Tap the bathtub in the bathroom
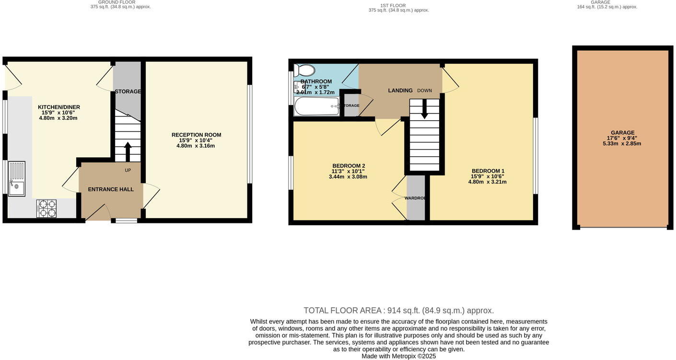tap(316, 106)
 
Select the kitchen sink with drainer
tap(17, 179)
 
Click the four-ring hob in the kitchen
tap(46, 209)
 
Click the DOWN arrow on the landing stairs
tap(424, 110)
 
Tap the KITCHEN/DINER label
tap(59, 107)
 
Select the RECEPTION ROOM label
tap(196, 135)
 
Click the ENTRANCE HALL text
tap(111, 189)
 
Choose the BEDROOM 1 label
tap(488, 171)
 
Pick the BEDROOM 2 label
tap(349, 166)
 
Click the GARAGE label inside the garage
tap(622, 132)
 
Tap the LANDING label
tap(400, 90)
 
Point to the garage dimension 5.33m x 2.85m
tap(622, 144)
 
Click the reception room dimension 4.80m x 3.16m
tap(196, 146)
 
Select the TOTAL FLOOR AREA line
tap(398, 310)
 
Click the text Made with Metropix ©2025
tap(398, 356)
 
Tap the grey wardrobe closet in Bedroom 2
tap(416, 197)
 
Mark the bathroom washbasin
tap(297, 87)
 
